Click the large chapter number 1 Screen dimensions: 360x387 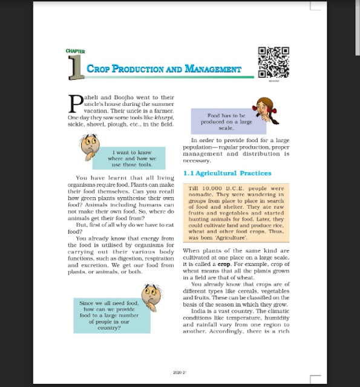coord(77,68)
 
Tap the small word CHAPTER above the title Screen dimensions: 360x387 coord(75,51)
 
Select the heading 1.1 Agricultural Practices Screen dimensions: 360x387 coord(227,174)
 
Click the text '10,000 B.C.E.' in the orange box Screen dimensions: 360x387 coord(220,189)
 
